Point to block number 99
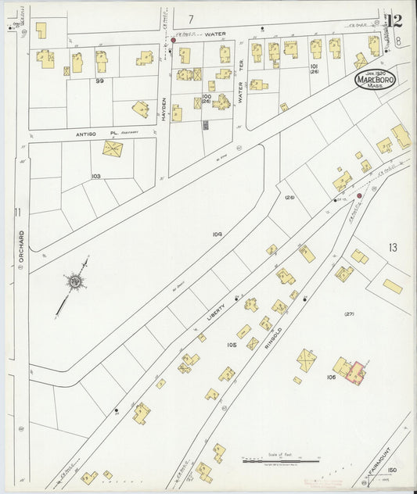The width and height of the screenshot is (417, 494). click(99, 81)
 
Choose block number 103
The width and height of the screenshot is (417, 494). click(96, 176)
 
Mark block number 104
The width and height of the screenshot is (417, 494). click(217, 234)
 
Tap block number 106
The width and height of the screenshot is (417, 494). click(331, 377)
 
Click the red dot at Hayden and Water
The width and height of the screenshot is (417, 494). click(173, 40)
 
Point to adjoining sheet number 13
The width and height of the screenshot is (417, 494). click(392, 248)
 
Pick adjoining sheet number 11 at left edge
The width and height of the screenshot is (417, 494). click(16, 212)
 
